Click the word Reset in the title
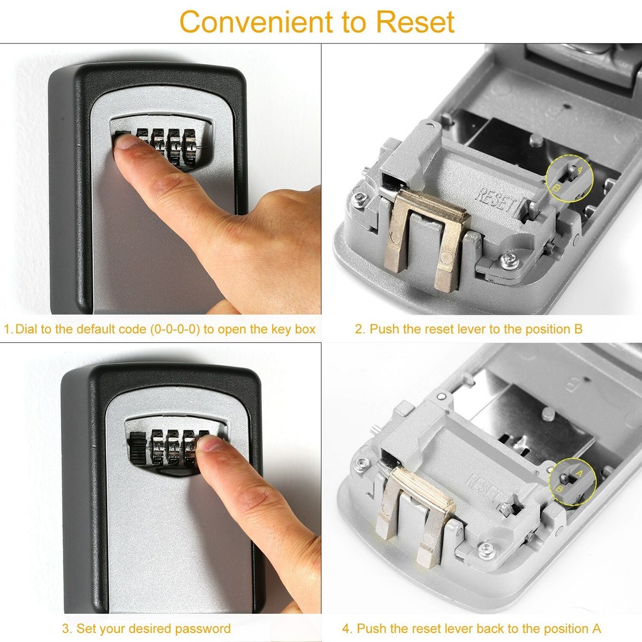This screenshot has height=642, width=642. (415, 22)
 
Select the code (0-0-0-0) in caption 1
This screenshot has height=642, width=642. (175, 329)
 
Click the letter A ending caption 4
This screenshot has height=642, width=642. (596, 629)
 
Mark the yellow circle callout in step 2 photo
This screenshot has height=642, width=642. (569, 178)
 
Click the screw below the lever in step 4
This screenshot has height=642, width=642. (486, 549)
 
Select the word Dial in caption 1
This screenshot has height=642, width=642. (26, 329)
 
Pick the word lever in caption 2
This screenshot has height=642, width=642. (463, 329)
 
